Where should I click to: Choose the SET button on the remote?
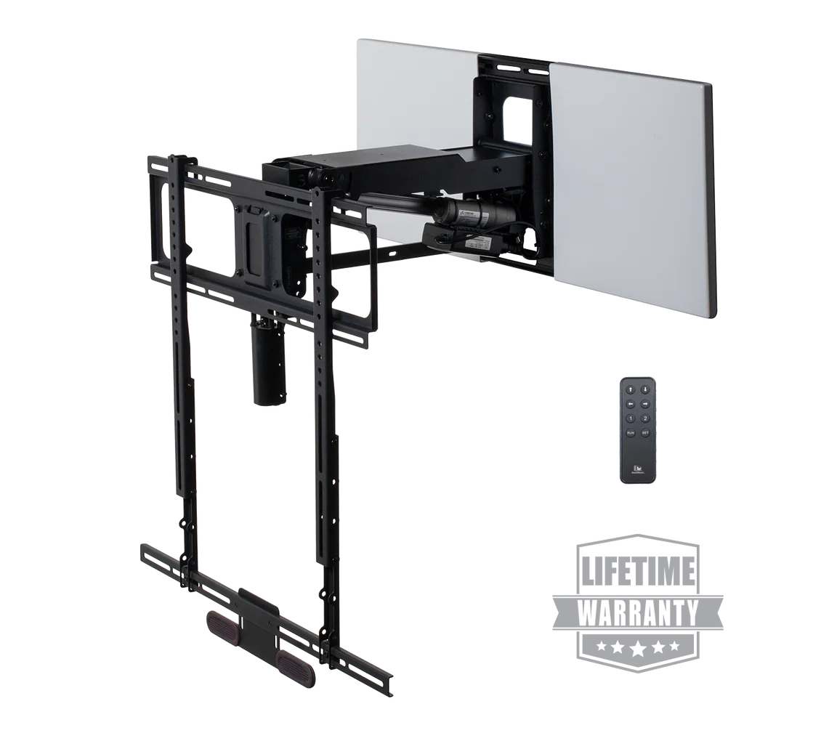tap(644, 432)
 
